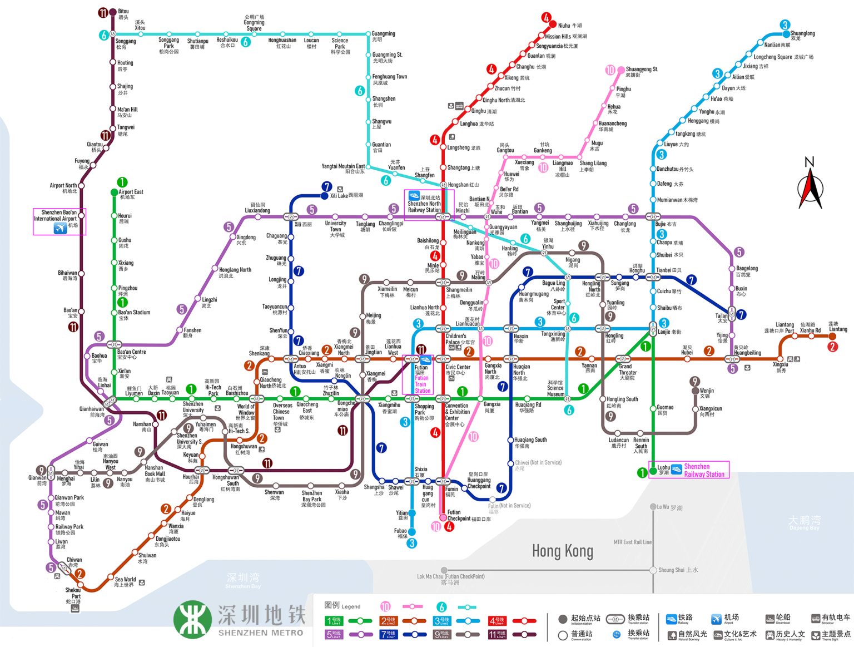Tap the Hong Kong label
[x=562, y=551]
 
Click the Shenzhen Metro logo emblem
[x=192, y=619]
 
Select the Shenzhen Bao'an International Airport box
[x=59, y=221]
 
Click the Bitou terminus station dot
[x=113, y=12]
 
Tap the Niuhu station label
[x=569, y=26]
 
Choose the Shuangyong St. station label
[x=642, y=71]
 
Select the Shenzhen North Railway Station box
[x=429, y=204]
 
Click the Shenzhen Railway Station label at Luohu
[x=704, y=470]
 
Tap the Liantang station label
[x=838, y=327]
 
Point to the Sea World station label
[x=125, y=581]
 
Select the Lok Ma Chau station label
[x=451, y=579]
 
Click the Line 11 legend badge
[x=497, y=634]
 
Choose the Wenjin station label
[x=707, y=393]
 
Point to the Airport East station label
[x=131, y=194]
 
